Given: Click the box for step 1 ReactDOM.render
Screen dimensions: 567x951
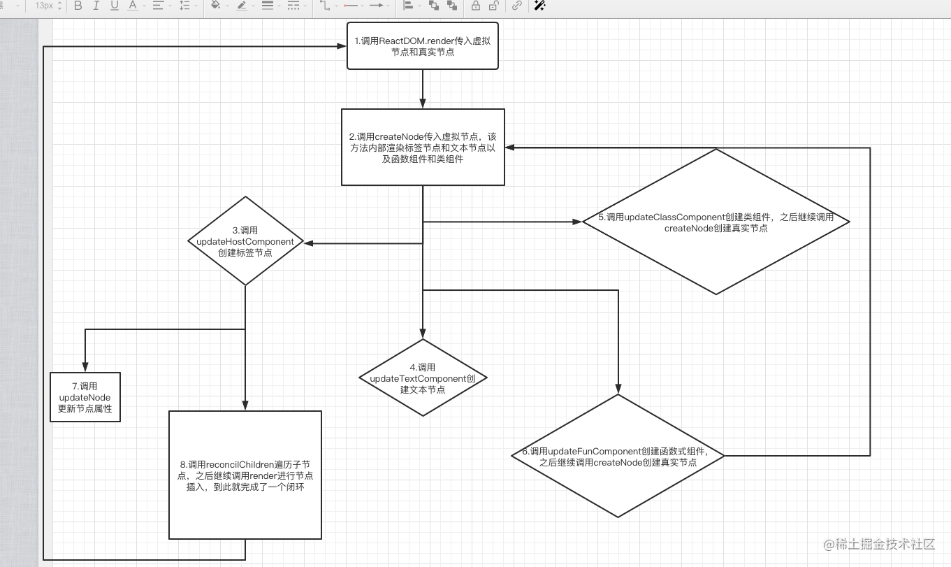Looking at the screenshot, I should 422,46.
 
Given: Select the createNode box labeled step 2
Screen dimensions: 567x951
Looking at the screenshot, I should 423,147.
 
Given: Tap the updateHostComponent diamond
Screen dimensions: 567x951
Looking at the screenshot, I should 245,241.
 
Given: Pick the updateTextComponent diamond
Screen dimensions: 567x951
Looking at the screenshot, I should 423,378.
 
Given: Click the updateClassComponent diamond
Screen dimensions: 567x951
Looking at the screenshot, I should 716,222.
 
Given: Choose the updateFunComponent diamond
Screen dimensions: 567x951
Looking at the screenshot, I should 618,456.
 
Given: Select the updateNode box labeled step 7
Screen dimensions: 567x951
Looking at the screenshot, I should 85,397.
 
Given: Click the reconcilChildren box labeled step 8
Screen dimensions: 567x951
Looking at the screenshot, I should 245,475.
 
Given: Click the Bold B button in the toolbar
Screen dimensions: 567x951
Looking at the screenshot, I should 78,6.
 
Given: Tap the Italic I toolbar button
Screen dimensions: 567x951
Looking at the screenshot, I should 96,6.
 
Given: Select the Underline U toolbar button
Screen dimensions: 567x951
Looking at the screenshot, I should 114,6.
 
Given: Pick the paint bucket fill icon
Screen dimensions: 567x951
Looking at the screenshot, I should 215,6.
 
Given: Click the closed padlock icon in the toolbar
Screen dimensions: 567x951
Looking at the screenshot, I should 475,6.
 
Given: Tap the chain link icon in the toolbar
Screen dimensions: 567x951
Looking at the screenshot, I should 517,6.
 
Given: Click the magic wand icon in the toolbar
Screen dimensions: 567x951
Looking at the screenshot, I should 539,6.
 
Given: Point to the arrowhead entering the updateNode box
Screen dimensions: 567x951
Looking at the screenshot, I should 85,368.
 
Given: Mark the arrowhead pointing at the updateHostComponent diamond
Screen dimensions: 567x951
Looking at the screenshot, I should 308,243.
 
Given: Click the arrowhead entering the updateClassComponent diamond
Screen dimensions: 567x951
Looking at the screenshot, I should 577,222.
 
